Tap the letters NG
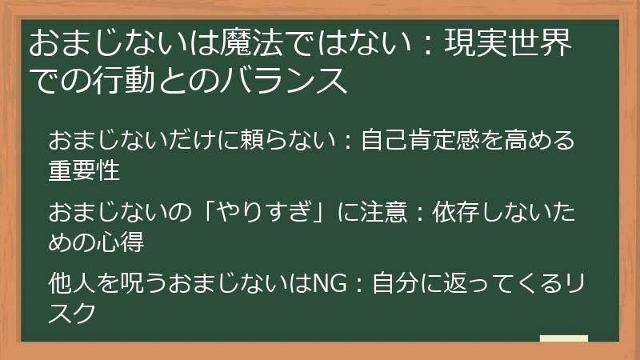point(326,284)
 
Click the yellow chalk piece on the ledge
point(563,339)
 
